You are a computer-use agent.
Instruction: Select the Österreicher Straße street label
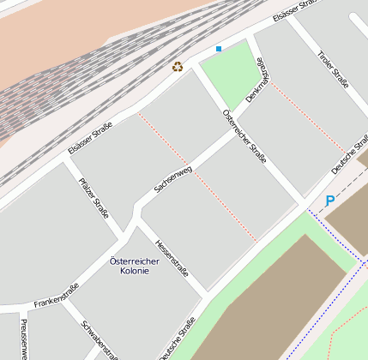pos(244,136)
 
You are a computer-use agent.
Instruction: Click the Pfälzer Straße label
pos(94,197)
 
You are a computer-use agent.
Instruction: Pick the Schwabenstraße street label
pos(100,339)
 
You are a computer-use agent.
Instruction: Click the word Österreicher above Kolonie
pos(136,260)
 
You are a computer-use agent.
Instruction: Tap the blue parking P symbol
pos(329,202)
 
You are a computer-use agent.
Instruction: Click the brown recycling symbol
pos(178,66)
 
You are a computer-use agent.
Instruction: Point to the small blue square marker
pos(219,49)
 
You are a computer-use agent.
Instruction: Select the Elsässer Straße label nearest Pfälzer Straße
pos(90,137)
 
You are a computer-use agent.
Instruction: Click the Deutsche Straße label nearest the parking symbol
pos(350,154)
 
